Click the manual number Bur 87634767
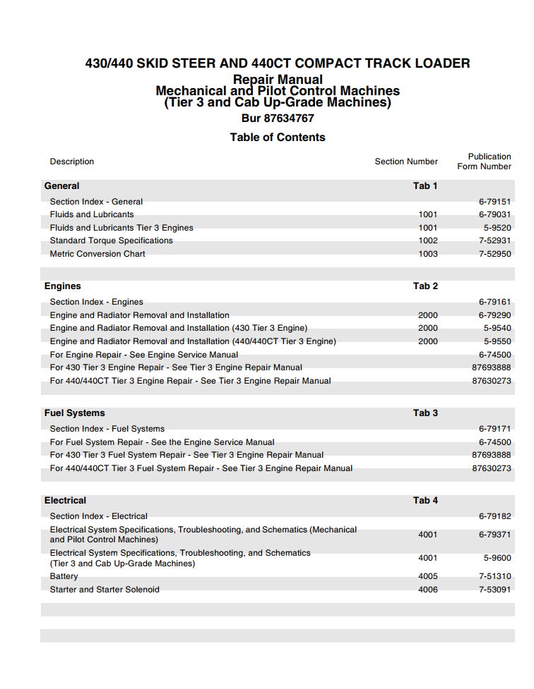278,118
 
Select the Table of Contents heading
278,138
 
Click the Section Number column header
406,161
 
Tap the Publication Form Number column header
485,161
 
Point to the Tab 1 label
425,186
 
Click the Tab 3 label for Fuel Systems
425,413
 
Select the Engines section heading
63,286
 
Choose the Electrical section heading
65,501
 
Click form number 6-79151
494,202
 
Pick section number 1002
428,240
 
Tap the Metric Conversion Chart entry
97,254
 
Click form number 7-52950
494,254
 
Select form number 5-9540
497,328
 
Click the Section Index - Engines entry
97,302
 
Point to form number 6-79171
494,429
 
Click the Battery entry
64,576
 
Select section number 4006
428,590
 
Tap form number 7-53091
494,590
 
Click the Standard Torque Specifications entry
112,240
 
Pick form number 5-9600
497,558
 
